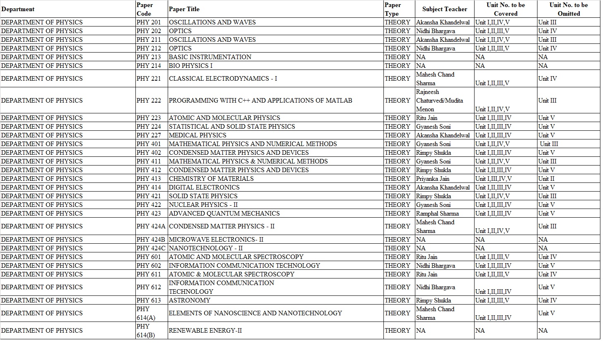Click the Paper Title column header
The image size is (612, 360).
[x=184, y=9]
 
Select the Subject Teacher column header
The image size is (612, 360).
[x=444, y=9]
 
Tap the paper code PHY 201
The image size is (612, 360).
[x=149, y=22]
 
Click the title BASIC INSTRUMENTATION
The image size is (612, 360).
[x=210, y=57]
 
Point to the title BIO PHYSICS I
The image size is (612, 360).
[x=190, y=66]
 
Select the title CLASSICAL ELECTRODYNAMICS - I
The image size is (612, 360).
[x=223, y=79]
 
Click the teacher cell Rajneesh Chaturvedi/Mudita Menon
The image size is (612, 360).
[x=439, y=101]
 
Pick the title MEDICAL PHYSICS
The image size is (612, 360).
[x=198, y=135]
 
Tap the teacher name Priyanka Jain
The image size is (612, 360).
[x=433, y=179]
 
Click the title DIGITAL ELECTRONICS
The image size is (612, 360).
[x=204, y=187]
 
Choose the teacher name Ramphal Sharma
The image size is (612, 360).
[x=437, y=214]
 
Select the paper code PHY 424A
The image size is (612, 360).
[x=151, y=226]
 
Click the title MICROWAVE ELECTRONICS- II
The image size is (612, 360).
[x=216, y=240]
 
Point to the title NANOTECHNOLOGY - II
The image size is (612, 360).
[x=206, y=248]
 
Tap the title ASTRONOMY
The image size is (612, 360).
[x=190, y=300]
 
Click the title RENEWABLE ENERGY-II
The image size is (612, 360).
[x=205, y=331]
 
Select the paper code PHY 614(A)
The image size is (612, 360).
[x=146, y=313]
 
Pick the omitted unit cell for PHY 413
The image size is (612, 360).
[x=546, y=179]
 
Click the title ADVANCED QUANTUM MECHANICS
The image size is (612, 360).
[x=224, y=214]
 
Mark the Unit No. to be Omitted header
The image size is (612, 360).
[x=568, y=9]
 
